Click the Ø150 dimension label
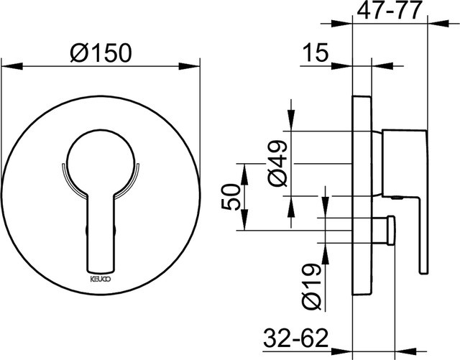point(101,53)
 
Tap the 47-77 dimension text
point(390,10)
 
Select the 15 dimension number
point(315,52)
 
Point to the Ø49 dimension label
point(277,163)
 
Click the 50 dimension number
point(231,197)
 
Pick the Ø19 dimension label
point(311,287)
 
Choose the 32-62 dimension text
point(295,338)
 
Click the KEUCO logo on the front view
point(100,280)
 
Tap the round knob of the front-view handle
point(101,163)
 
